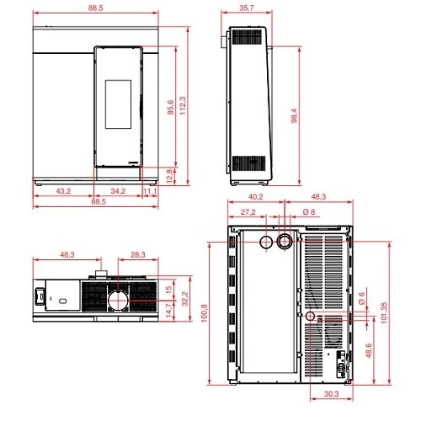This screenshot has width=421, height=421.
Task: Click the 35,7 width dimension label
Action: click(x=247, y=8)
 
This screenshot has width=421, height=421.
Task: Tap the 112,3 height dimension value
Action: click(x=183, y=105)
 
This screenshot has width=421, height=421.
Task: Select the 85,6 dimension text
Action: click(x=171, y=107)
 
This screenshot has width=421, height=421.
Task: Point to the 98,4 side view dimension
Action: click(x=294, y=115)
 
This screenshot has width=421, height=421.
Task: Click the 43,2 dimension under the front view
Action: click(x=63, y=191)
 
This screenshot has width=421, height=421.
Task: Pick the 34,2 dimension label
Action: click(x=118, y=191)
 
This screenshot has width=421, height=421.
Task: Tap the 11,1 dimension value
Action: click(x=150, y=191)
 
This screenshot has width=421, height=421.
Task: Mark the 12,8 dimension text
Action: click(x=169, y=176)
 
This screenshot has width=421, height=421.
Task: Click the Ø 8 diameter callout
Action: click(x=309, y=211)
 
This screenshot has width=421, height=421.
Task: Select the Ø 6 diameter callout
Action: click(x=361, y=298)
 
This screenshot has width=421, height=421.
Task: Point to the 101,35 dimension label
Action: click(x=384, y=312)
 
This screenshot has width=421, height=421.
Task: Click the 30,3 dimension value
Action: click(x=332, y=394)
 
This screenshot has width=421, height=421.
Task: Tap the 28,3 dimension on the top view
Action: click(x=138, y=254)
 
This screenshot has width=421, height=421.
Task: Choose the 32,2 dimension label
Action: click(x=185, y=299)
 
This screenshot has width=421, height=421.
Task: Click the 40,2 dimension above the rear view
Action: click(x=256, y=197)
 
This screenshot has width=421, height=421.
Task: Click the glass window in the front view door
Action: click(x=118, y=104)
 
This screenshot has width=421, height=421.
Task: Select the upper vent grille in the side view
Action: click(x=247, y=37)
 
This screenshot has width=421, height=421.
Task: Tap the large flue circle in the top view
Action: click(x=118, y=301)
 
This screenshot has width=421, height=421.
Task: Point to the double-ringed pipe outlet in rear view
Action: click(x=285, y=242)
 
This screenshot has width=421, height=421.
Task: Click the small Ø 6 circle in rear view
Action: click(x=310, y=316)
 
